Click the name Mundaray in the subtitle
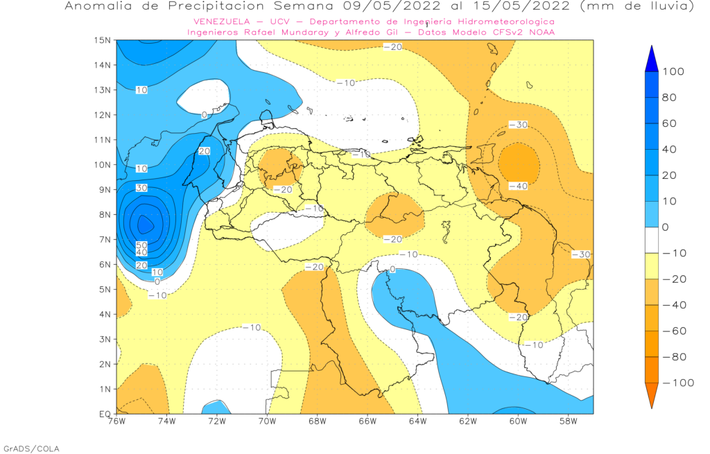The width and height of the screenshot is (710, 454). click(x=294, y=32)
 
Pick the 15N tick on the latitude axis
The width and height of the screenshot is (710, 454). click(x=103, y=40)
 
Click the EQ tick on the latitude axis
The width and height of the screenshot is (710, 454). click(x=105, y=414)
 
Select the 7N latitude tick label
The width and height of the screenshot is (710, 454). click(x=105, y=239)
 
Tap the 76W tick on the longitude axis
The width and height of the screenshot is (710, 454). click(x=116, y=421)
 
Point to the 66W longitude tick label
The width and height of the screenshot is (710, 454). click(x=367, y=421)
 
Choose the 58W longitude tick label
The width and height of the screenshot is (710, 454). click(x=568, y=421)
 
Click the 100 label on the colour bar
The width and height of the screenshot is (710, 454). click(x=674, y=72)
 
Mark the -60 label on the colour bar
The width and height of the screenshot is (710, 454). click(x=674, y=331)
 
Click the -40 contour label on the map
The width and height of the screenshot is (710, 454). click(x=518, y=186)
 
